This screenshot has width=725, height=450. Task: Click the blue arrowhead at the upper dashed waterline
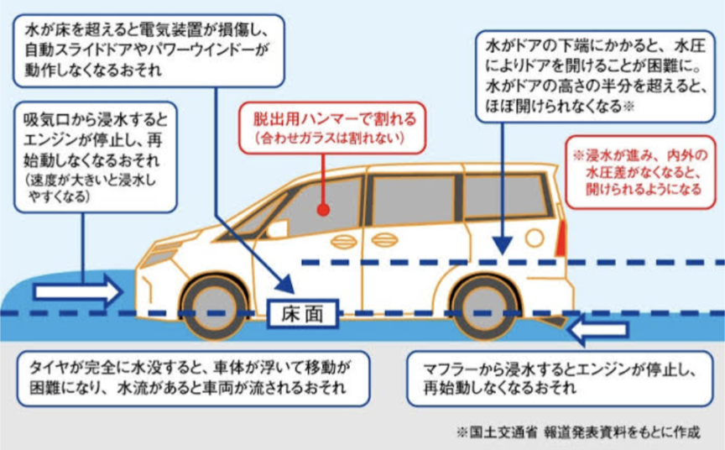pyautogui.click(x=501, y=244)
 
